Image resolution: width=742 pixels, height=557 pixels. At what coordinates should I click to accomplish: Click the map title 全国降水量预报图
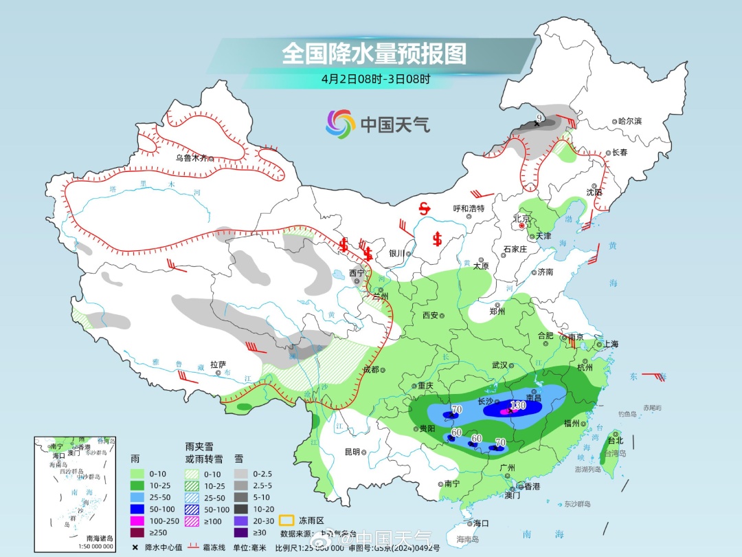(x=374, y=53)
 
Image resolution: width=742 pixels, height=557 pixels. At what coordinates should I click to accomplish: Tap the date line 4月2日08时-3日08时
(x=375, y=78)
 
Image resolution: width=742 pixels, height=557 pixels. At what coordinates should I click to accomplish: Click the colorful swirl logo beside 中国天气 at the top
(x=340, y=124)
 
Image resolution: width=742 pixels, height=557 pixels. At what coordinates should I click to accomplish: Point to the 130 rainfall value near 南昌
(x=518, y=406)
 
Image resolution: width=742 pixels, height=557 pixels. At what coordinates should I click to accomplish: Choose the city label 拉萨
(x=218, y=365)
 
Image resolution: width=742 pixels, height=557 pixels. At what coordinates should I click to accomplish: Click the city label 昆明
(x=352, y=452)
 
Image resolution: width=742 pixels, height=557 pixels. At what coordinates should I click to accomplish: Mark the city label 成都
(x=370, y=369)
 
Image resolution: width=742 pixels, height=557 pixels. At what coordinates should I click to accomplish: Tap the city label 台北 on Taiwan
(x=615, y=440)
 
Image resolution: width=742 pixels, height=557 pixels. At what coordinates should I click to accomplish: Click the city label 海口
(x=480, y=523)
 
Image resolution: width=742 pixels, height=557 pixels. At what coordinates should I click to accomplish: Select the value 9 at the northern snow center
(x=539, y=119)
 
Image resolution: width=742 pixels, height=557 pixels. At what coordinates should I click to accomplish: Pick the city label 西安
(x=430, y=315)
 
